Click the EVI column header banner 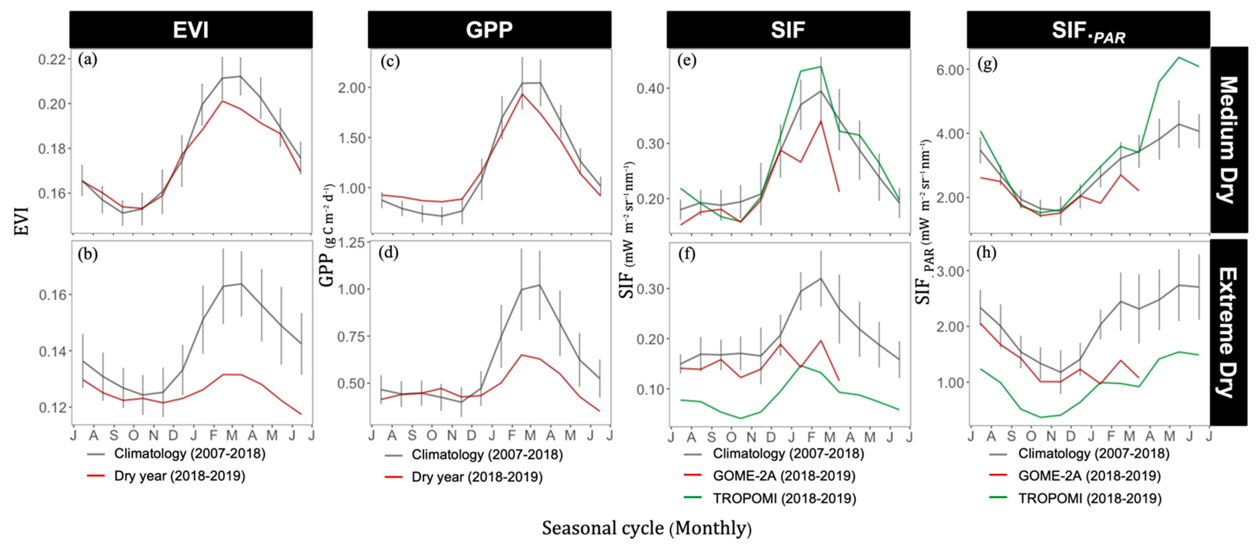point(191,30)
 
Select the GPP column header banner point(489,30)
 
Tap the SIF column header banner point(788,30)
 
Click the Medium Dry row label point(1229,140)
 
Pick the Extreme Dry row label point(1229,332)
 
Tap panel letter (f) point(687,254)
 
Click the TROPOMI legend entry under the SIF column point(784,498)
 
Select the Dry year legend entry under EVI point(179,476)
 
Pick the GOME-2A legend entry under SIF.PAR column point(1089,476)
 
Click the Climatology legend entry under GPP point(487,455)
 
